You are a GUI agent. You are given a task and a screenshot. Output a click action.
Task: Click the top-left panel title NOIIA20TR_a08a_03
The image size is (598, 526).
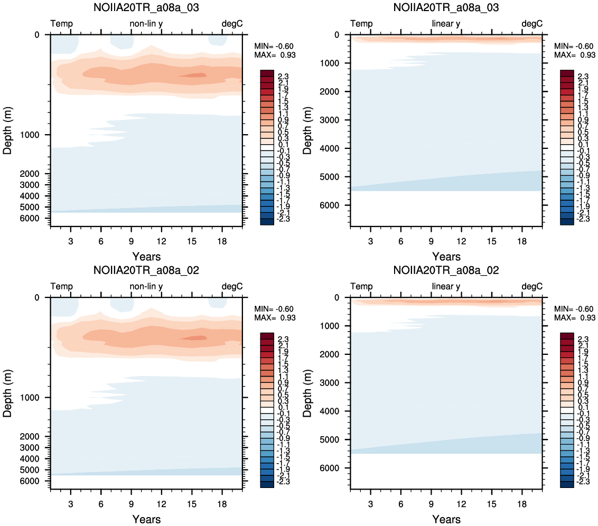[146, 7]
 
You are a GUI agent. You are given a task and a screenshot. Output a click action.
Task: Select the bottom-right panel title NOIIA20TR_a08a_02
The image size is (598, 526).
[446, 270]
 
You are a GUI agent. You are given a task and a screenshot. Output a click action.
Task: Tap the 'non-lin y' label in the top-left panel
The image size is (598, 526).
[146, 24]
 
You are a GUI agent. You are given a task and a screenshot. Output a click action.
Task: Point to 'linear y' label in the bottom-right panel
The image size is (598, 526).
[446, 286]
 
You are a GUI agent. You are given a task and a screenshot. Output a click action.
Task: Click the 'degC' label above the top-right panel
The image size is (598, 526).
[531, 24]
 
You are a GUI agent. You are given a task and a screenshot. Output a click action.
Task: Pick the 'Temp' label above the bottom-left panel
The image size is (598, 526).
[61, 286]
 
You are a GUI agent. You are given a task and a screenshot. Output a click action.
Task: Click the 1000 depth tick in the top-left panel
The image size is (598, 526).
[30, 135]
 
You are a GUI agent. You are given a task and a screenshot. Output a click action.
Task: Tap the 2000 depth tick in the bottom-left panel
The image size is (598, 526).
[30, 436]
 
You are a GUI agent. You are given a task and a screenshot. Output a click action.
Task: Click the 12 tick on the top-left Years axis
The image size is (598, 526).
[161, 241]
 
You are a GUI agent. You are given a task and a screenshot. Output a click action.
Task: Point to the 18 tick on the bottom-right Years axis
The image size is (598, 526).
[522, 504]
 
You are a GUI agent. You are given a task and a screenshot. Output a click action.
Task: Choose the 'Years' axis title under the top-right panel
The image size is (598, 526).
[446, 257]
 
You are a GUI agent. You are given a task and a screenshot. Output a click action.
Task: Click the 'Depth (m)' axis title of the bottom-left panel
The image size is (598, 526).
[7, 393]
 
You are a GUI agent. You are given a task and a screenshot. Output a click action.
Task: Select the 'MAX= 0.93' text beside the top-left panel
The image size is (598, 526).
[275, 55]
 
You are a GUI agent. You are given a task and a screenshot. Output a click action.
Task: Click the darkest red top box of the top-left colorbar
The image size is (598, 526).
[267, 73]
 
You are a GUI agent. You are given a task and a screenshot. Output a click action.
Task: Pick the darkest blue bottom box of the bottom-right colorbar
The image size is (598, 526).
[567, 484]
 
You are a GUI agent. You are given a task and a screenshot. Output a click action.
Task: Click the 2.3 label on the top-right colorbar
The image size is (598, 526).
[583, 77]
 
